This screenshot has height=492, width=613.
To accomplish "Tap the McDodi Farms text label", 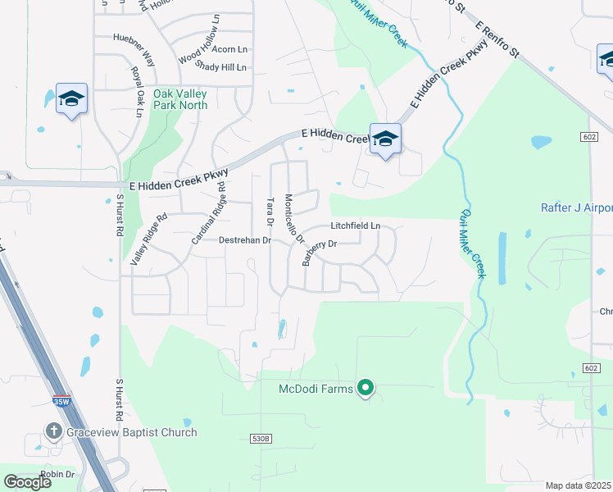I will pos(316,388).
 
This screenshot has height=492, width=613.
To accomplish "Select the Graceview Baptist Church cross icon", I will pos(54,431).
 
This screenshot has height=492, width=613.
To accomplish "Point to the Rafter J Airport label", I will pos(577,207).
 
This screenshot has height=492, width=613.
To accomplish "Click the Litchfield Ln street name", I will pos(356,225).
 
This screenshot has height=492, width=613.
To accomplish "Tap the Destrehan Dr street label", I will pos(244,240).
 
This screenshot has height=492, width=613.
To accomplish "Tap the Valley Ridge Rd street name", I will pos(148,239).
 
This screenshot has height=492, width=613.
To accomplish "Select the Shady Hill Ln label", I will pos(220,67).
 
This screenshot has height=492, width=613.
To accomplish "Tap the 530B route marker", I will pos(261,440).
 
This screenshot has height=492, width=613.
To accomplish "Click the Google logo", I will pos(28,482).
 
